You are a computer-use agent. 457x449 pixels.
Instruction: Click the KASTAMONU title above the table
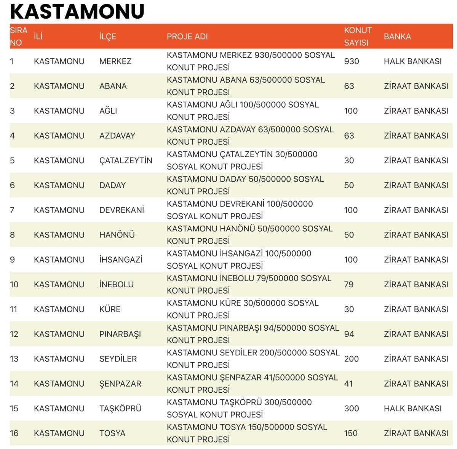(77, 11)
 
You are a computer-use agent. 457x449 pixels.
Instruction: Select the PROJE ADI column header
(187, 37)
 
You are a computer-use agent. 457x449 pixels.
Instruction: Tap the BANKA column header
(397, 37)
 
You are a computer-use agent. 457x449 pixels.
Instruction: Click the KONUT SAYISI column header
(358, 37)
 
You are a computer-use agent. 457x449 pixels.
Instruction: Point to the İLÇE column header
(107, 37)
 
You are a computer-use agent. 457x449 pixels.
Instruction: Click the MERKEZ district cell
(115, 61)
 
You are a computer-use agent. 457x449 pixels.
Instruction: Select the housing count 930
(352, 61)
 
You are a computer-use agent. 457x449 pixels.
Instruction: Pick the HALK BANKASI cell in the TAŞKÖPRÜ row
(412, 408)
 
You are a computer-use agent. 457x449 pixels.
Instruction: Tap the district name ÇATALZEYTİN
(126, 161)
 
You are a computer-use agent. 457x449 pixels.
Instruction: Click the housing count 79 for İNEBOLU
(349, 284)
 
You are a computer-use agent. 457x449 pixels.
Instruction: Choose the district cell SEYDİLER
(118, 359)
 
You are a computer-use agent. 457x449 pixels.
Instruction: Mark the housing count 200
(352, 359)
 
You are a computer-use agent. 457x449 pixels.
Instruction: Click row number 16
(14, 433)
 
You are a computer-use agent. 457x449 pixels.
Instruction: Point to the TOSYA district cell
(112, 433)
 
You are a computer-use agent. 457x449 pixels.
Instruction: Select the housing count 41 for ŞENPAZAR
(348, 384)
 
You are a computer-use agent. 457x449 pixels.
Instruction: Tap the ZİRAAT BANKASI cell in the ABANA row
(416, 86)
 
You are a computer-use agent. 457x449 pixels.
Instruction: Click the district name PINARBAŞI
(120, 334)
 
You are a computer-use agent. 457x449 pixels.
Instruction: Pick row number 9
(13, 260)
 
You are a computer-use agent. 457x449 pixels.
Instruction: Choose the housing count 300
(352, 408)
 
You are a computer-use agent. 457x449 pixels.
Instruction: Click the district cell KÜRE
(110, 309)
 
